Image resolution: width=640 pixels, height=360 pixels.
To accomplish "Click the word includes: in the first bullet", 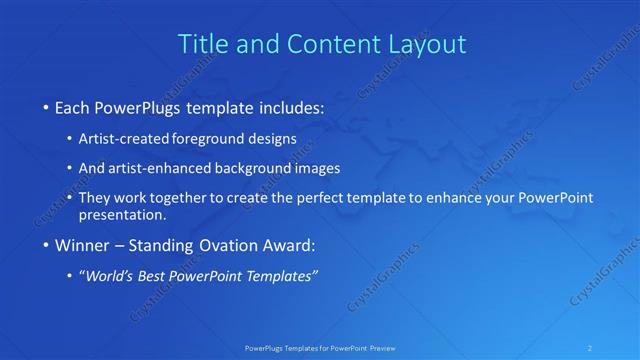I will coord(290,106).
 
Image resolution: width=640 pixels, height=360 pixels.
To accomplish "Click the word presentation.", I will coord(128,215).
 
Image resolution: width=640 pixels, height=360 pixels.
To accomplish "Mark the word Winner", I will coord(83,245).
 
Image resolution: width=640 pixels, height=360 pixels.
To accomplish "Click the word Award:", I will coord(297,245).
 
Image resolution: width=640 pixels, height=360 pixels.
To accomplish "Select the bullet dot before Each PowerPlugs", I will coord(46,107).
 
